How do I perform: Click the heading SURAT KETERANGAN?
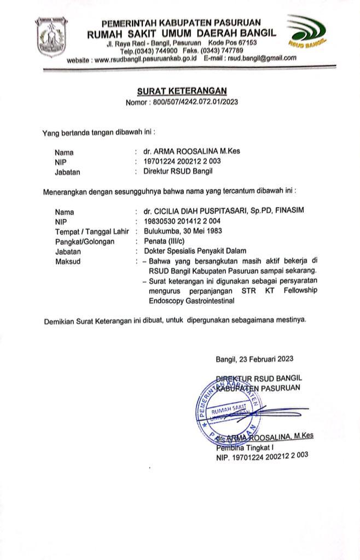[x=181, y=91]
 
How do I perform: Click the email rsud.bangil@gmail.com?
[x=262, y=58]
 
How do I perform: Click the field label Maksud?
[x=68, y=261]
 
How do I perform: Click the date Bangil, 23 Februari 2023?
[x=254, y=359]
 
